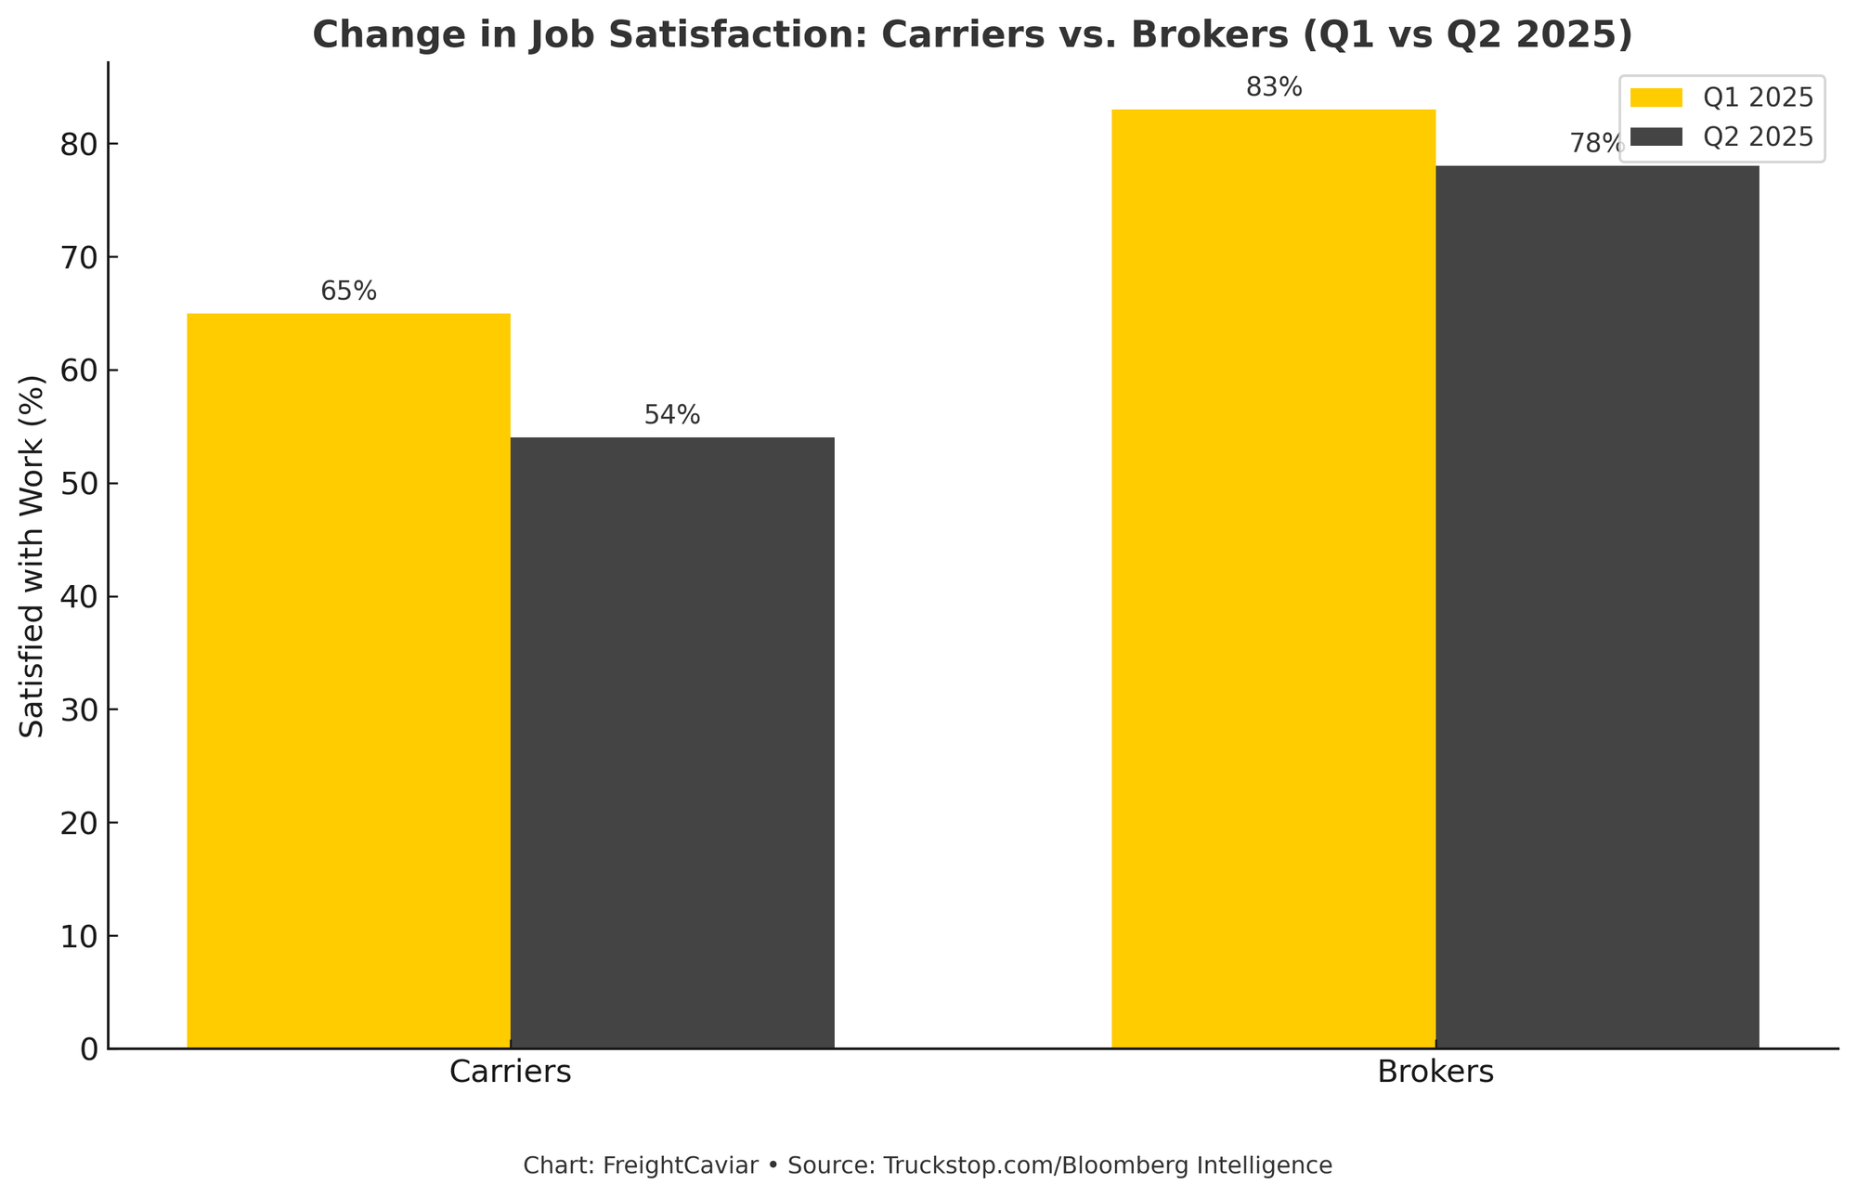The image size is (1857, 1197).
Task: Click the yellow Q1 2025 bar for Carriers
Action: [348, 681]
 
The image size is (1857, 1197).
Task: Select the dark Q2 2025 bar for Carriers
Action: [672, 743]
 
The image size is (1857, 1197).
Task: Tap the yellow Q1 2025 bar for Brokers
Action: [1273, 579]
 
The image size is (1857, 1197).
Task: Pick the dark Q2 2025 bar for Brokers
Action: [1597, 607]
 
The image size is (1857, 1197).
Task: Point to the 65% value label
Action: [348, 292]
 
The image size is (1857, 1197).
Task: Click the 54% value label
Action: [672, 416]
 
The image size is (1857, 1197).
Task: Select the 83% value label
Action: [1274, 88]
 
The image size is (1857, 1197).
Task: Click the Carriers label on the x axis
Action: [510, 1072]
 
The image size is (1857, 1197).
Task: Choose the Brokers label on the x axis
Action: [1435, 1072]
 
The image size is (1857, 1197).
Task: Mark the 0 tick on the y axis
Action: [88, 1049]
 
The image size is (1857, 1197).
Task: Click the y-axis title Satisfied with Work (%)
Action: [32, 556]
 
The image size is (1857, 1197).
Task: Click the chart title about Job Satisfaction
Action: [971, 35]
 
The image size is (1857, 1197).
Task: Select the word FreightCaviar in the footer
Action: [680, 1165]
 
